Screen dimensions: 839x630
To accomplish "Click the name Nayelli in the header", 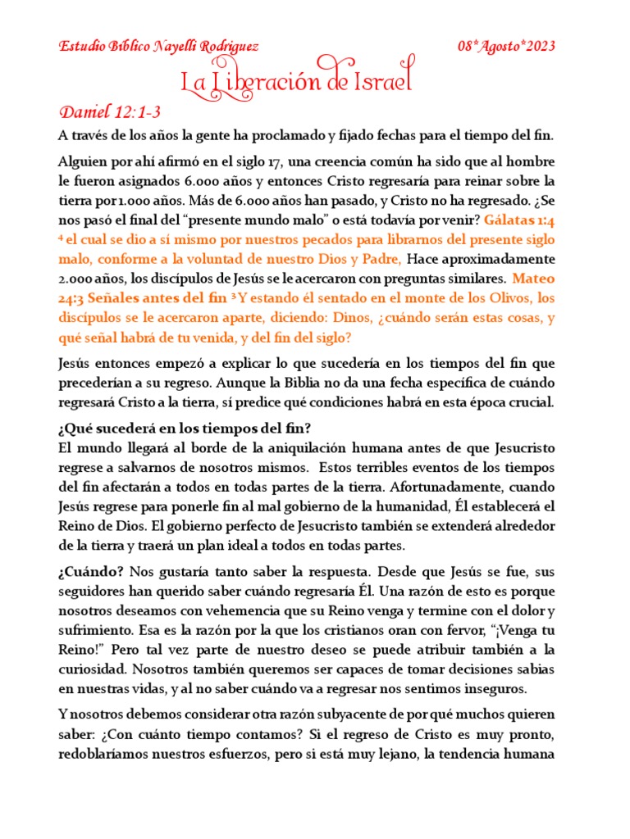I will coord(168,46).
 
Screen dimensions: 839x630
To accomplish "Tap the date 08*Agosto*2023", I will coord(505,46).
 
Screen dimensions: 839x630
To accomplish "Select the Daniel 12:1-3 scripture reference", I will coord(114,111).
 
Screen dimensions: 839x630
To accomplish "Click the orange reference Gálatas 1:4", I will coord(520,220).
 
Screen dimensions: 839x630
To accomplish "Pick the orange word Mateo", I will coord(533,279).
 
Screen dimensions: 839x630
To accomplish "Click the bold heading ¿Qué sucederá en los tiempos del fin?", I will coord(184,429).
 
